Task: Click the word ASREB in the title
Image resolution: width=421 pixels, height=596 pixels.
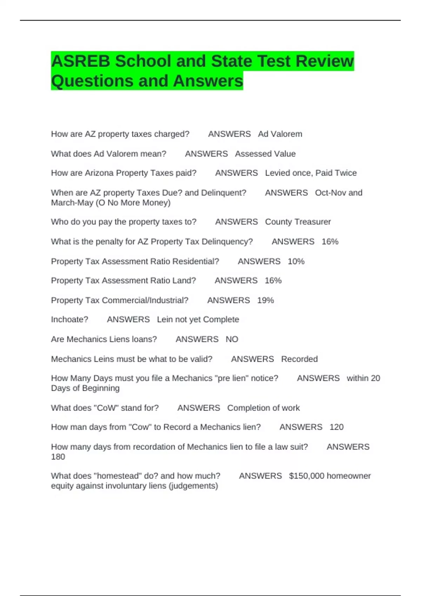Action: click(81, 61)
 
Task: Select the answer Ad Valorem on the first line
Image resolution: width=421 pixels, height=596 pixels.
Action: click(280, 134)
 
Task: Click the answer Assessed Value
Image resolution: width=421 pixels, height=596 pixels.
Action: click(265, 154)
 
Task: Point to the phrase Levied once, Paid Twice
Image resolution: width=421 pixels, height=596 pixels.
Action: click(311, 173)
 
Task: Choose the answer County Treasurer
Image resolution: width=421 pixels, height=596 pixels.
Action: click(298, 222)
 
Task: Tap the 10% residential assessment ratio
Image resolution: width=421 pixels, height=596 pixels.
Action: click(296, 261)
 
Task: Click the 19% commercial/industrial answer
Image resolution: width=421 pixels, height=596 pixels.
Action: click(266, 300)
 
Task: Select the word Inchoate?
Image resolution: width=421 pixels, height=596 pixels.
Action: click(69, 319)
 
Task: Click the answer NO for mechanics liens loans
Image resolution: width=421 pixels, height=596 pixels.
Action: click(232, 339)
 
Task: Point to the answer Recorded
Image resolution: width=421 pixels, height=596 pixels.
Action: click(299, 359)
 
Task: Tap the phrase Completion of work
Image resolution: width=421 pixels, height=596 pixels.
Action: click(263, 408)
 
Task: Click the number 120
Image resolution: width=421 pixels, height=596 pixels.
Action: click(336, 427)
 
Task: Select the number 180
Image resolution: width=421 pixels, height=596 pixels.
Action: click(58, 456)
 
